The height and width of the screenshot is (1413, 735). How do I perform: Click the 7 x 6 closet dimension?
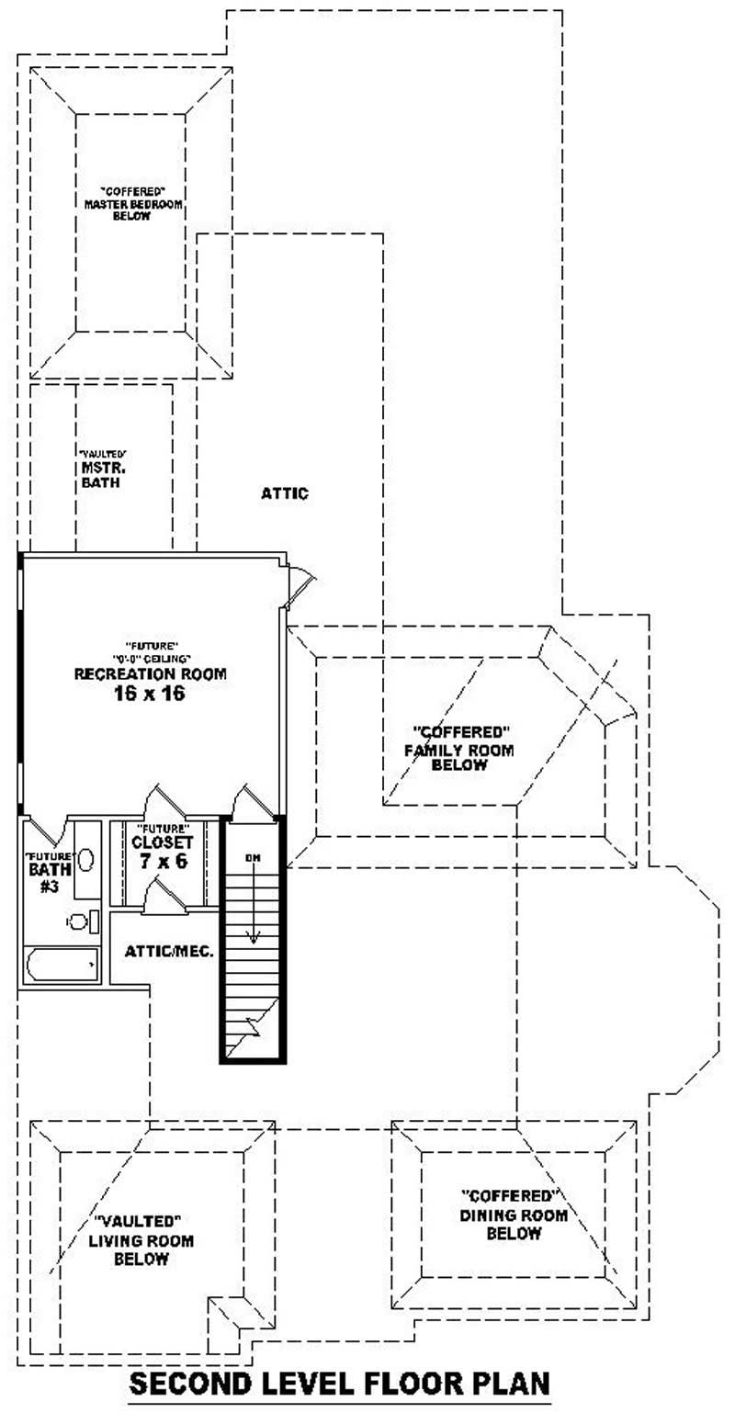pyautogui.click(x=162, y=862)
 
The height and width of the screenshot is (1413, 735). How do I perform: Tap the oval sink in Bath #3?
pyautogui.click(x=86, y=860)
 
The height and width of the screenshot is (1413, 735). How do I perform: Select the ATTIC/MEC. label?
pyautogui.click(x=169, y=951)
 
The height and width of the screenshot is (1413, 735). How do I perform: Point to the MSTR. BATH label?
pyautogui.click(x=101, y=474)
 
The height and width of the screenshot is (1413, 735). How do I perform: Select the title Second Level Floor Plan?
pyautogui.click(x=339, y=1383)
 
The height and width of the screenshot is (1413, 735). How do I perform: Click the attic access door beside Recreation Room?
pyautogui.click(x=300, y=586)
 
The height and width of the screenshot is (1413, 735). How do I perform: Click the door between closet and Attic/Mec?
pyautogui.click(x=165, y=896)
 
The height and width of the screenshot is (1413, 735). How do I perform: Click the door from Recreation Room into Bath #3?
pyautogui.click(x=48, y=831)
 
